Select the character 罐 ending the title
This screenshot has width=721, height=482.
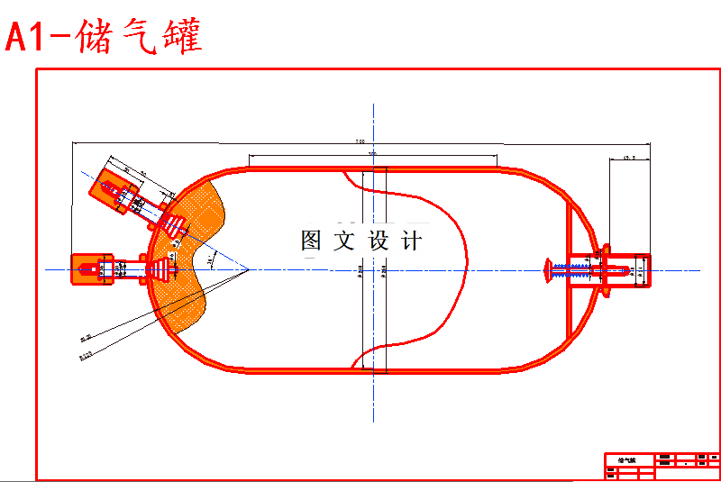coord(181,37)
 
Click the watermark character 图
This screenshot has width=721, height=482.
coord(311,241)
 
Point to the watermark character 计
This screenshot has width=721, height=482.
coord(411,241)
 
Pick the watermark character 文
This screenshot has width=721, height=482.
coord(344,241)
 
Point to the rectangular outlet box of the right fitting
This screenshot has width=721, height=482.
coord(635,269)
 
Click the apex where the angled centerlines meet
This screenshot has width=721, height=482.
coord(248,268)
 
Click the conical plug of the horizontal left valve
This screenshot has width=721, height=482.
coord(163,268)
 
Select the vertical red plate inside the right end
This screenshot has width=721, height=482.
coord(568,270)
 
